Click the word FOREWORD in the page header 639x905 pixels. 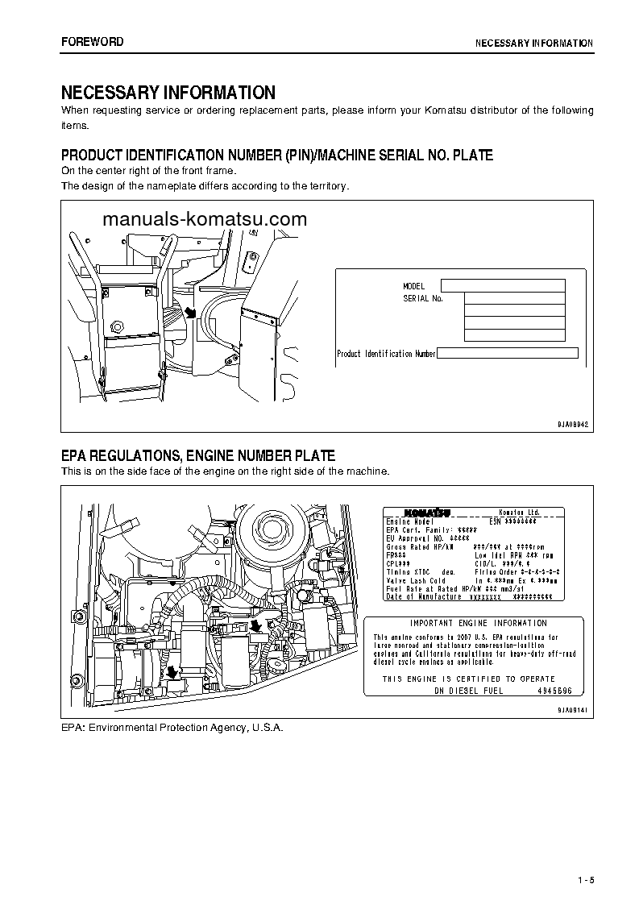click(x=92, y=42)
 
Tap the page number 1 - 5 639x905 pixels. click(x=585, y=879)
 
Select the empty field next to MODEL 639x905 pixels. click(x=503, y=285)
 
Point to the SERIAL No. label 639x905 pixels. click(x=423, y=298)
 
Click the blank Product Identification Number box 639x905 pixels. click(x=508, y=353)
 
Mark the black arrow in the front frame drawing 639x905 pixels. click(x=190, y=313)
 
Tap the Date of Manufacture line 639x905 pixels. click(x=424, y=596)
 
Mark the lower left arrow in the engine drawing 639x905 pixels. click(x=171, y=672)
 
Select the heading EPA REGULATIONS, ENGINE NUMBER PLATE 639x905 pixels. click(x=198, y=456)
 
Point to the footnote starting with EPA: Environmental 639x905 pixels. click(x=172, y=727)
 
